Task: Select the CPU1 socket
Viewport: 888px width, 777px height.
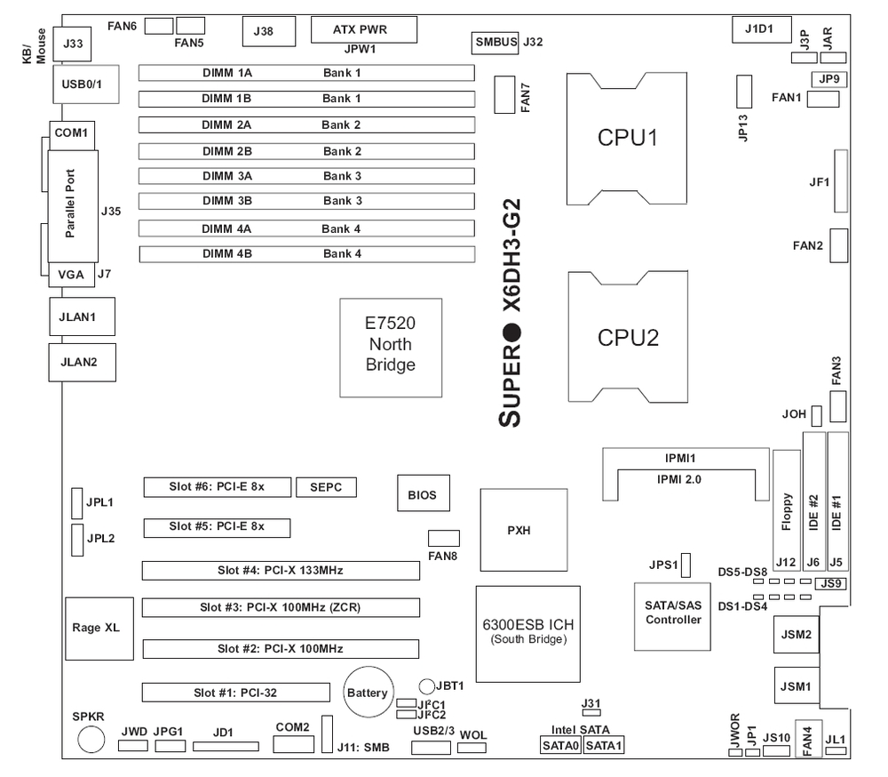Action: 629,139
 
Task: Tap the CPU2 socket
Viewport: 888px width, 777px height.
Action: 629,337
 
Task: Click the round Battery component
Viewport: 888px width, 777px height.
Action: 368,692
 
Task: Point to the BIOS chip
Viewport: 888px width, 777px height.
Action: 422,494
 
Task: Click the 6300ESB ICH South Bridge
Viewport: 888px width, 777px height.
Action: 527,632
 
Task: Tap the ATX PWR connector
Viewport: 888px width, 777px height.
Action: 361,29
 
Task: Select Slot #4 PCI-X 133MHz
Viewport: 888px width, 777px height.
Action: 281,570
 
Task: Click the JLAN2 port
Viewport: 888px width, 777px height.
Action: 81,362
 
